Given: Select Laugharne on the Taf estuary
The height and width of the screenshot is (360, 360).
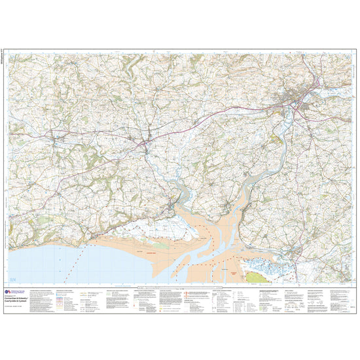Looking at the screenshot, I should point(171,207).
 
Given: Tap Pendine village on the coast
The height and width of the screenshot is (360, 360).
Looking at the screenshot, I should point(98,234).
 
